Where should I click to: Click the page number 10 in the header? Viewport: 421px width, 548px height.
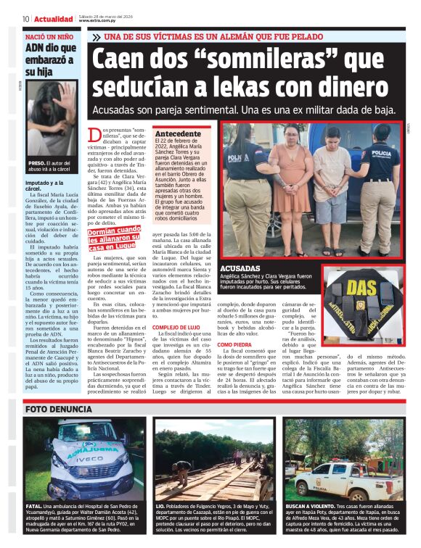point(25,18)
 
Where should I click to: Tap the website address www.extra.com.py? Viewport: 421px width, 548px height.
point(99,21)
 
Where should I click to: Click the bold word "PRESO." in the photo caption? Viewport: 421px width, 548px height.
point(38,163)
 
